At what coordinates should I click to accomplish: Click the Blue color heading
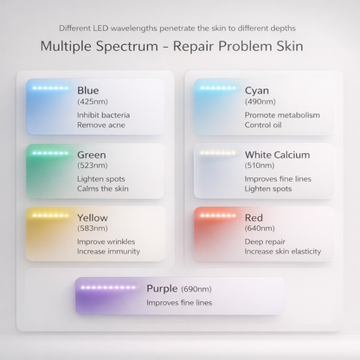click(x=87, y=90)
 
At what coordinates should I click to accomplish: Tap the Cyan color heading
click(x=257, y=90)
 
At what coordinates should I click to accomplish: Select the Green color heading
click(x=92, y=155)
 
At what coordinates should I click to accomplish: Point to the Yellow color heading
click(x=93, y=218)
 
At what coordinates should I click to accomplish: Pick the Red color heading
click(x=255, y=218)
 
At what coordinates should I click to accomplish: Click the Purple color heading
click(x=162, y=288)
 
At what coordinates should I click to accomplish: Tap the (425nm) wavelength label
click(x=93, y=102)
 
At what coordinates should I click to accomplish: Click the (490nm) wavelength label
click(x=260, y=102)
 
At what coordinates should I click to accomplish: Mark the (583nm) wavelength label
click(x=93, y=229)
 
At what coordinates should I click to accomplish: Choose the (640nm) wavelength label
click(x=260, y=229)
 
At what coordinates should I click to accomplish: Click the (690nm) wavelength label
click(x=197, y=289)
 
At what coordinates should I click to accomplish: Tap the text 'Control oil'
click(x=264, y=125)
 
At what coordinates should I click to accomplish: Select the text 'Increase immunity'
click(x=108, y=252)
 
